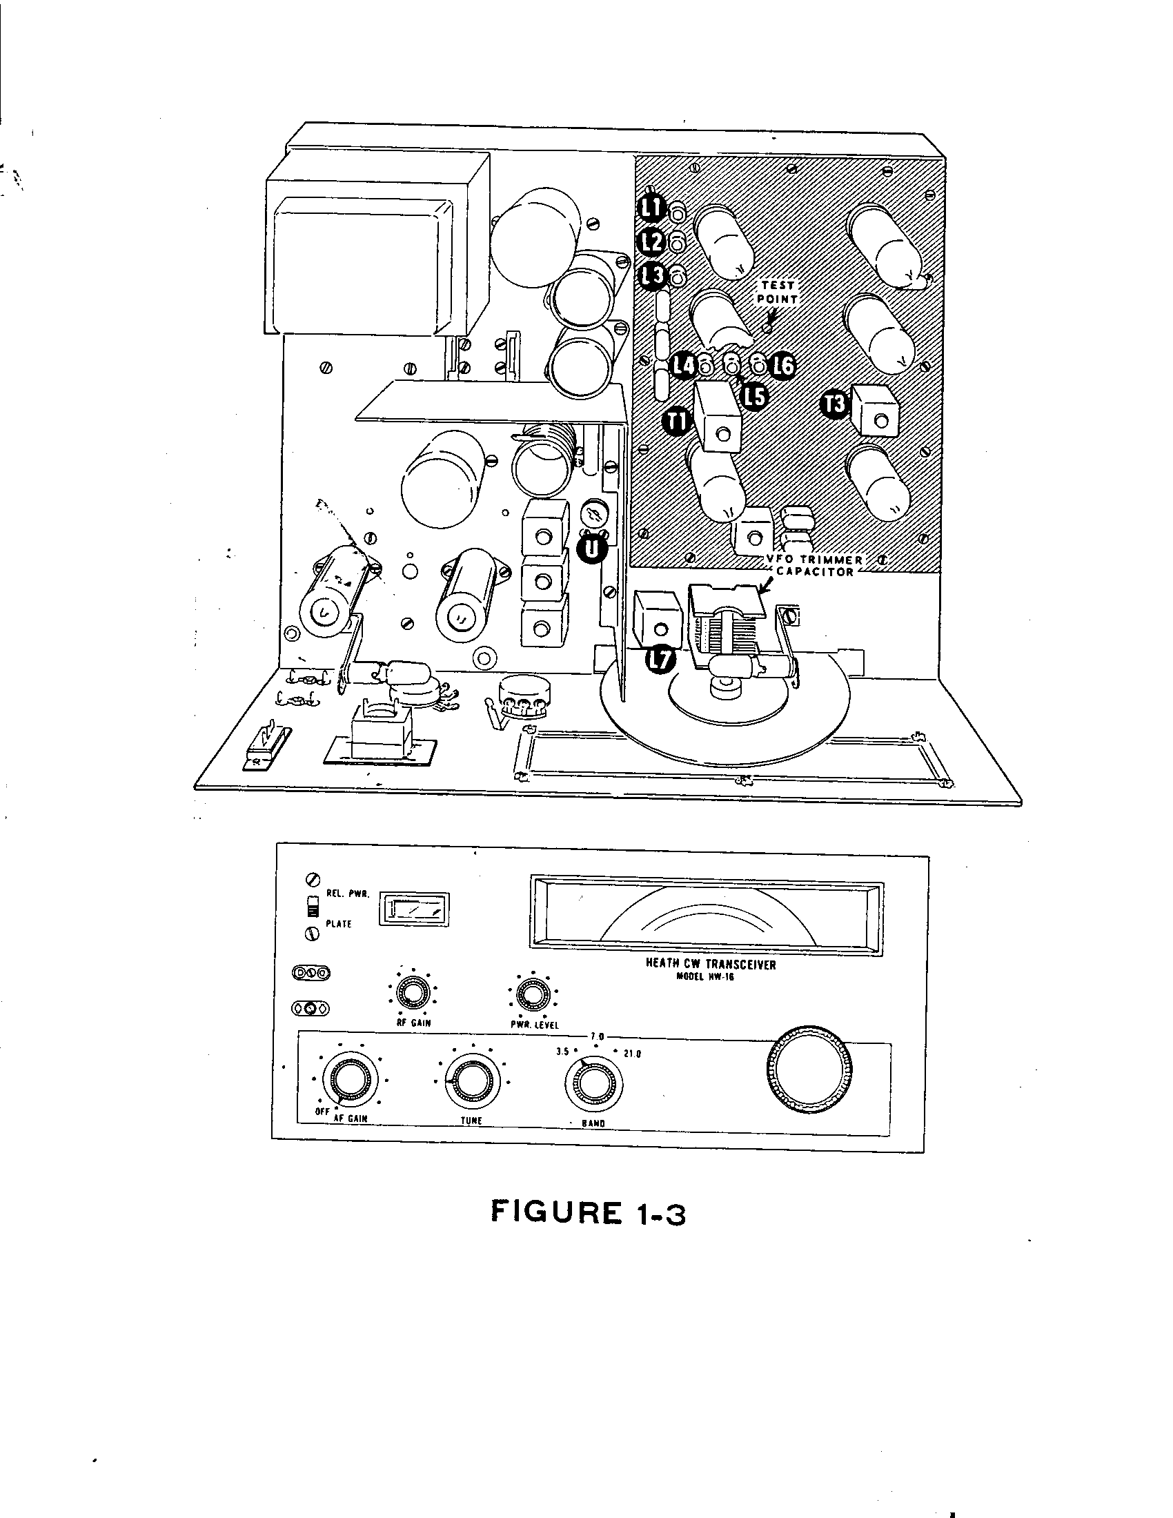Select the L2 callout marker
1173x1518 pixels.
[653, 241]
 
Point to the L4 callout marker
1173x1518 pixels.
[684, 364]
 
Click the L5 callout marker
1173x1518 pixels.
[754, 395]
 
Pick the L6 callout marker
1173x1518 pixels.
[784, 365]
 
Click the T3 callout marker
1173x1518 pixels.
[836, 404]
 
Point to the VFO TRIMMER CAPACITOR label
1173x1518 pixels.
[814, 566]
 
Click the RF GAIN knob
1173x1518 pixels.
[412, 995]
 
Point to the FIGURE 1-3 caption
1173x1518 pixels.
[588, 1212]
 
